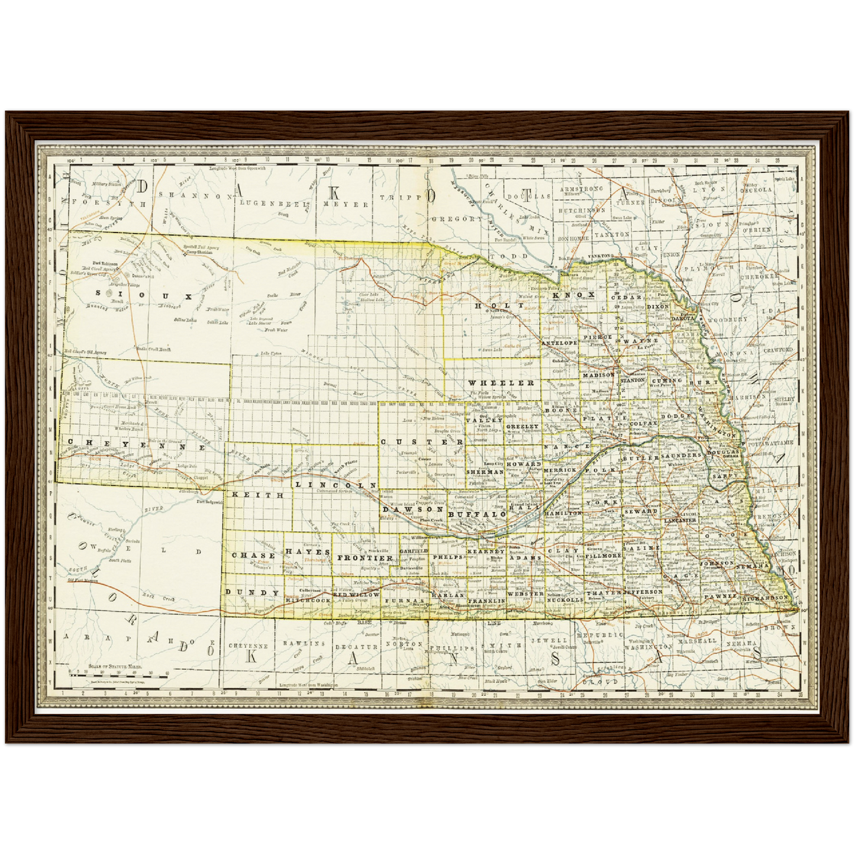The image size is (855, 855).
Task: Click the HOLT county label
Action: tap(499, 305)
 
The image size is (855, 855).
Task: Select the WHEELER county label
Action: tap(501, 383)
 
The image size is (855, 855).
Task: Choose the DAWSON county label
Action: tap(412, 509)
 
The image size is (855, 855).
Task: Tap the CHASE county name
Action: tap(253, 556)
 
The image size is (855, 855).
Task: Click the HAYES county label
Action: tap(308, 551)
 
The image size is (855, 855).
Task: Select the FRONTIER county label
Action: tap(365, 558)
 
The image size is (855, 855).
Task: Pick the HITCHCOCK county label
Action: tap(308, 600)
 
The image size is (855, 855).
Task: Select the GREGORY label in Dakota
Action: tap(457, 219)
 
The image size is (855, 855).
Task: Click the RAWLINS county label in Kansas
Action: tap(304, 643)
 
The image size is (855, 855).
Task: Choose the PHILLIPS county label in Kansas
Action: tap(452, 648)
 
